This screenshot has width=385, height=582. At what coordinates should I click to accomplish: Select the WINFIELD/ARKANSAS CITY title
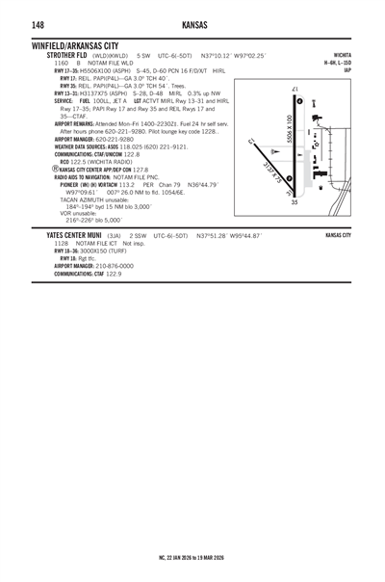[x=75, y=45]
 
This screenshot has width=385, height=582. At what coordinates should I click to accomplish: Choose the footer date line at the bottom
[x=192, y=556]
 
